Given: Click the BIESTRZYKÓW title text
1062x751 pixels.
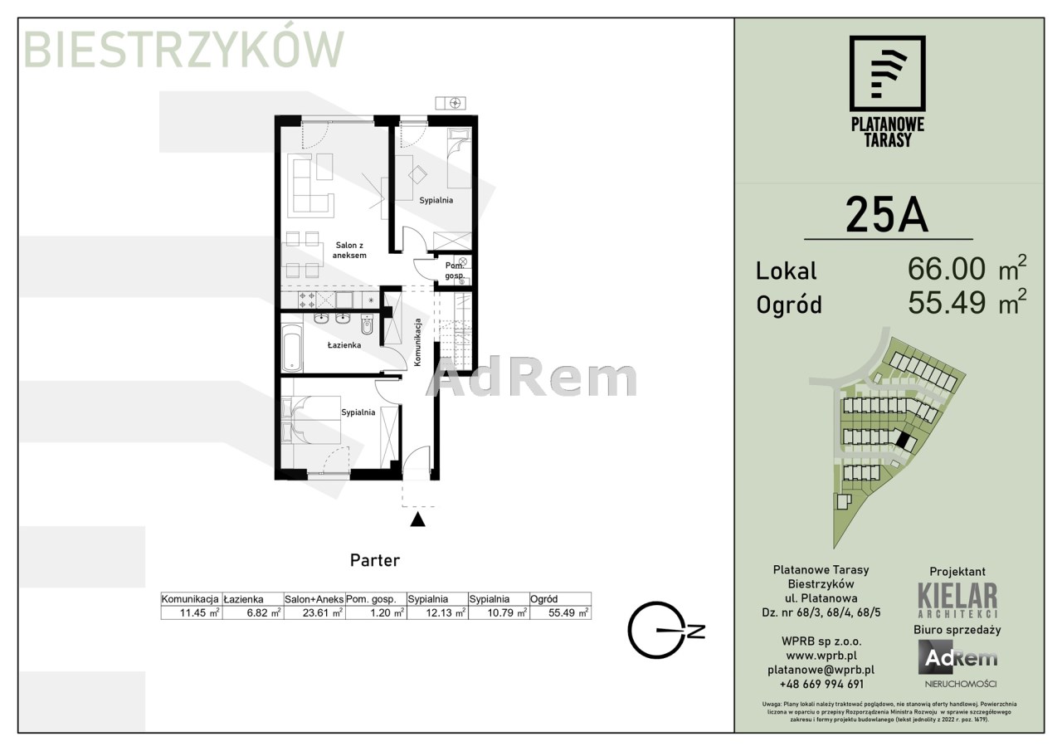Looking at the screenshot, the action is [x=183, y=50].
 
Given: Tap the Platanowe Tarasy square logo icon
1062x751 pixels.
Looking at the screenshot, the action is [x=887, y=74].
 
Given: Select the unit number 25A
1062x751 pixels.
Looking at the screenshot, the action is [x=887, y=215].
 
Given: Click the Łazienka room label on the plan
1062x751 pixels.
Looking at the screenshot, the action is [x=344, y=344].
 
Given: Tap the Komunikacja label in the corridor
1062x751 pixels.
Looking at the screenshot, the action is [x=417, y=342].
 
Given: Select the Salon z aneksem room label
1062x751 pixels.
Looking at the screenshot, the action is [x=349, y=250].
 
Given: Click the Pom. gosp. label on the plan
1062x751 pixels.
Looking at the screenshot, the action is [x=455, y=271].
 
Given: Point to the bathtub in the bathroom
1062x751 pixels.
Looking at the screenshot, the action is [x=291, y=347].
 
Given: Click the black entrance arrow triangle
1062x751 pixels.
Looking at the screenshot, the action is [x=417, y=519].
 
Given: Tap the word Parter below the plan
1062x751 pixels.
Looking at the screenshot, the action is [x=374, y=560].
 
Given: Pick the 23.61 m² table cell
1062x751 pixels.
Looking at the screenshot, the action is [x=314, y=612].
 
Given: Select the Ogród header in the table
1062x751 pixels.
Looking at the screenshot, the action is [x=543, y=599].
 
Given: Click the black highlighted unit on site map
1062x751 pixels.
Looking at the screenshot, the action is [x=905, y=441].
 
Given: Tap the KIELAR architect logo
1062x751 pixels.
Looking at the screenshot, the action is [x=957, y=600].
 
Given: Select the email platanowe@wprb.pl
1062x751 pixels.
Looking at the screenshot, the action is [x=821, y=670].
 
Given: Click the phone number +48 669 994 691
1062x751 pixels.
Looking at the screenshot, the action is [x=821, y=684].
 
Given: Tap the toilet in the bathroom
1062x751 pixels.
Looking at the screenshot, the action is [x=367, y=324].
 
